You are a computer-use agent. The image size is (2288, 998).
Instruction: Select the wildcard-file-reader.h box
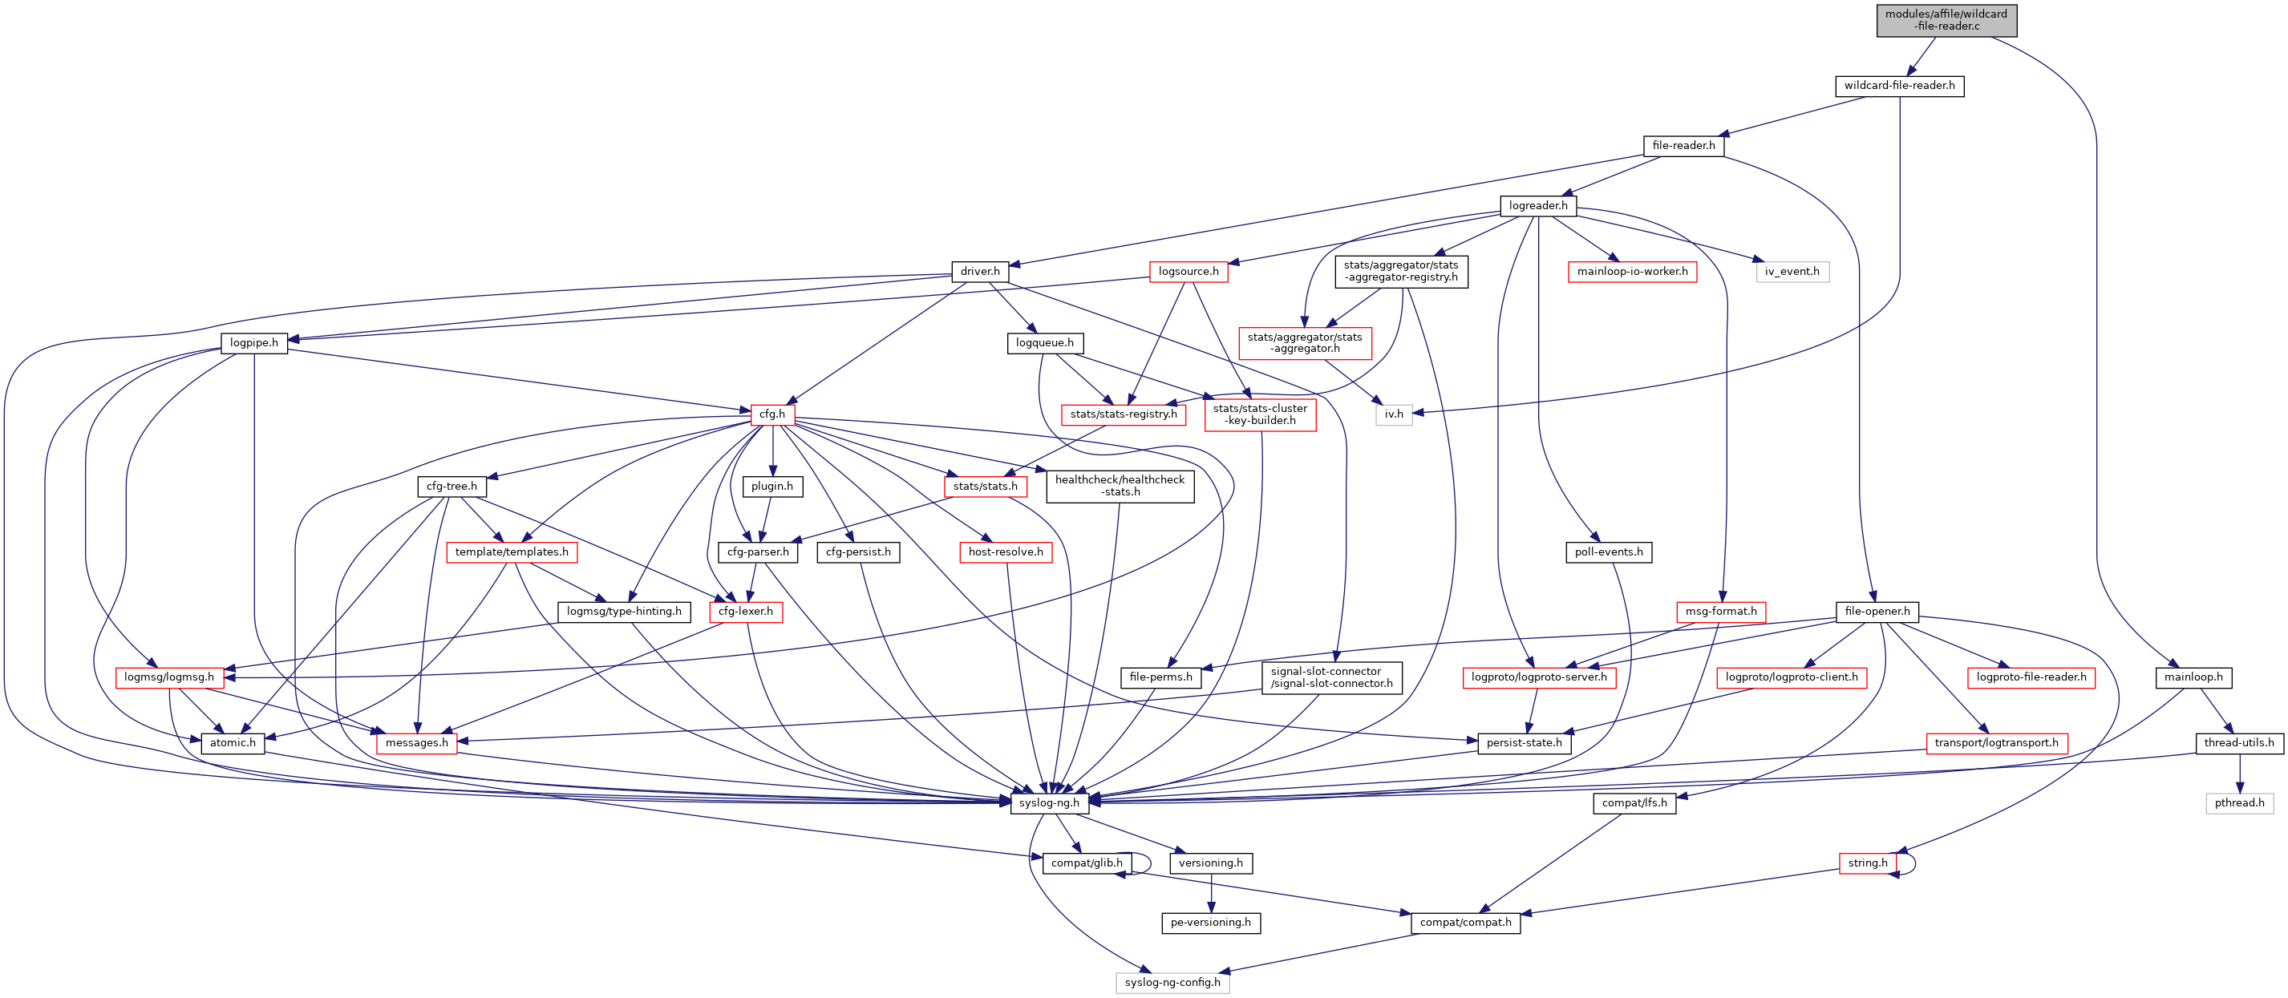[x=1899, y=86]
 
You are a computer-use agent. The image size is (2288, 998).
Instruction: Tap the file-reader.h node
[x=1683, y=146]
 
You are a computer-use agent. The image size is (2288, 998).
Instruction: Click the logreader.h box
[x=1537, y=206]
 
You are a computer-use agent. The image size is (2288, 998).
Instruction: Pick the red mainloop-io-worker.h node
[x=1632, y=272]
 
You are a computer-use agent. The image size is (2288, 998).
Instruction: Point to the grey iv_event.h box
[x=1792, y=272]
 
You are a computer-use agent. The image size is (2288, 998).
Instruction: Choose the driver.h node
[x=980, y=272]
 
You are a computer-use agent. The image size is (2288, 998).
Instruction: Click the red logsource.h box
[x=1188, y=272]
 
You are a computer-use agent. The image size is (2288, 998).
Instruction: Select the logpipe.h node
[x=254, y=343]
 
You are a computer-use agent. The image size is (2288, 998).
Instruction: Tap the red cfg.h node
[x=771, y=414]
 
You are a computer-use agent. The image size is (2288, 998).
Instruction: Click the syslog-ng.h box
[x=1049, y=802]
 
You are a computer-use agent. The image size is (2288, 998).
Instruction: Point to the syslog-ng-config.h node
[x=1172, y=983]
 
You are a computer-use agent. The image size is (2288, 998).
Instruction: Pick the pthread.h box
[x=2238, y=802]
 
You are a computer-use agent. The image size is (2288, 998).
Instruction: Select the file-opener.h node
[x=1877, y=612]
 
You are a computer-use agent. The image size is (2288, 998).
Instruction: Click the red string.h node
[x=1867, y=863]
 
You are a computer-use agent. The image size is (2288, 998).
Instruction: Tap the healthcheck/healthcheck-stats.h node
[x=1119, y=486]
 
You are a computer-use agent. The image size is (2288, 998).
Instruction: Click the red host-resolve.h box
[x=1006, y=552]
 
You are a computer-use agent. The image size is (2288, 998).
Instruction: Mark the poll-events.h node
[x=1608, y=552]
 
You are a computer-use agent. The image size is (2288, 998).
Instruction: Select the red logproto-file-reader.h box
[x=2031, y=677]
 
